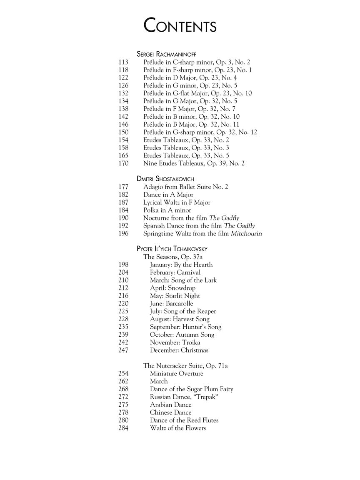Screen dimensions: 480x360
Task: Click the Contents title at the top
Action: click(180, 25)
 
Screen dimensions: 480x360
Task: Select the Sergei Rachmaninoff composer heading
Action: click(166, 54)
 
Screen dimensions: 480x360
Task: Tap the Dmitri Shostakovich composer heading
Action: click(165, 179)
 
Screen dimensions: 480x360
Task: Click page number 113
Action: click(124, 62)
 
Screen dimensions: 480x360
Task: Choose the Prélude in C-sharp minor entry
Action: click(197, 62)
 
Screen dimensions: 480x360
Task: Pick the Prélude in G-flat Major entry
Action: click(197, 93)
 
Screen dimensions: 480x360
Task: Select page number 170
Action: click(124, 163)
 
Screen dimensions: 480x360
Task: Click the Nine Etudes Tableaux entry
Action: click(194, 163)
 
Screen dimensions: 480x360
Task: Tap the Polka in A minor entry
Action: click(167, 210)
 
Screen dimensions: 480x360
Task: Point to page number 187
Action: click(124, 202)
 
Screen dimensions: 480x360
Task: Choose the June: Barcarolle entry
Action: click(172, 304)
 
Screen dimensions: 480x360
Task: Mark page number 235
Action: click(124, 327)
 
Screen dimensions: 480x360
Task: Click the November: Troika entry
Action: click(175, 342)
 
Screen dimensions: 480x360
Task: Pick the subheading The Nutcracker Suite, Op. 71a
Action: click(185, 366)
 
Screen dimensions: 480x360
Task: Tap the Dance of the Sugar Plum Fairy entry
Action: click(192, 389)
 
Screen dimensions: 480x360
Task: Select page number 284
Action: click(124, 428)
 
